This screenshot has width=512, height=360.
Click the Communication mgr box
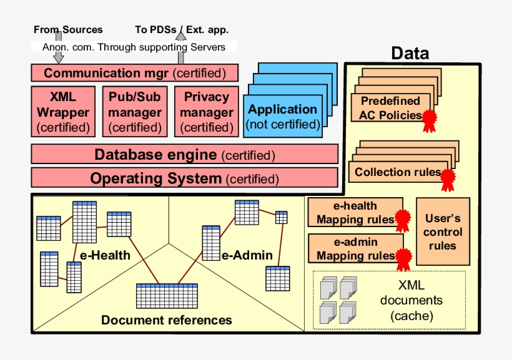(134, 73)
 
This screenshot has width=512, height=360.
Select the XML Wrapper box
(63, 112)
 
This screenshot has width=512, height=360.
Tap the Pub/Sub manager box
(135, 112)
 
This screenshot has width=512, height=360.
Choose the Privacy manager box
(207, 112)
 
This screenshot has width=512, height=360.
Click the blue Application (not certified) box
(283, 116)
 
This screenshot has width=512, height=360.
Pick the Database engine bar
(184, 154)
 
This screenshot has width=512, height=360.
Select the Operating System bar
(184, 178)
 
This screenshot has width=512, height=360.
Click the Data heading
(410, 54)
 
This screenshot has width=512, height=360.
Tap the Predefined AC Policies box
(390, 108)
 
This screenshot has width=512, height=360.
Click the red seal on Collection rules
(448, 178)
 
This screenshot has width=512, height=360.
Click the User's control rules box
(443, 232)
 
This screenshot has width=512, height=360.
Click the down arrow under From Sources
(58, 56)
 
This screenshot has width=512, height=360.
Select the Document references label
(166, 320)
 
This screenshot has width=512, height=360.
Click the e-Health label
(106, 255)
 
